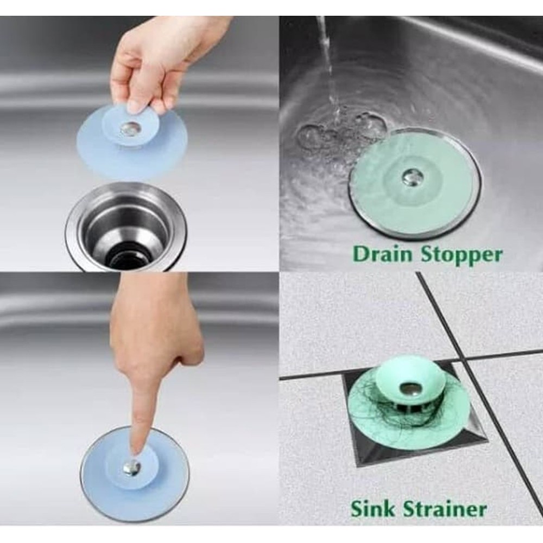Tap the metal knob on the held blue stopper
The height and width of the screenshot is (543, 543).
coord(130,129)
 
